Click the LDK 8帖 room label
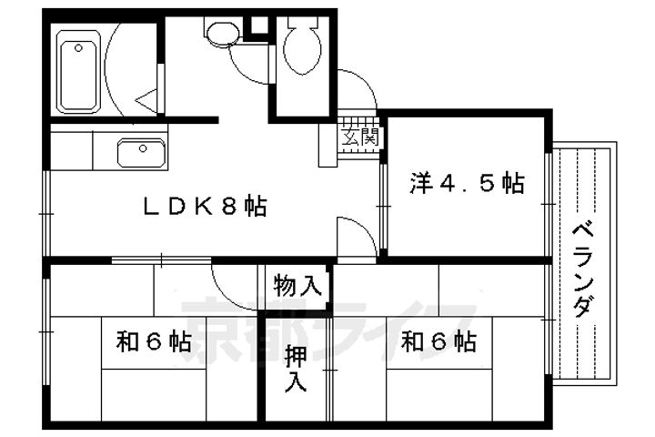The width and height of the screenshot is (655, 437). (205, 207)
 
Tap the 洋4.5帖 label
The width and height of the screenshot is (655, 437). (467, 184)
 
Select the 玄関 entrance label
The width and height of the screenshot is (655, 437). (359, 137)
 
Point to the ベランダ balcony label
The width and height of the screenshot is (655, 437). (583, 271)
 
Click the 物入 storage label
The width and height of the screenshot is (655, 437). (297, 286)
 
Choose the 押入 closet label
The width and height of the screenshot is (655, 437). (296, 369)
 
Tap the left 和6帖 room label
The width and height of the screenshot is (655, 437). (154, 340)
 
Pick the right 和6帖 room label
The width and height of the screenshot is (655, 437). (438, 340)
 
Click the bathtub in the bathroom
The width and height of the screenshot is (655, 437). (78, 72)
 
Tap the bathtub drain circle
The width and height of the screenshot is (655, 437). (78, 48)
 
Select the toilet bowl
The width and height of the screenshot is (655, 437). (302, 46)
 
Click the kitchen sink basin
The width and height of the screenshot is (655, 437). (141, 153)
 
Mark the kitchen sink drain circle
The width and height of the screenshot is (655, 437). (143, 148)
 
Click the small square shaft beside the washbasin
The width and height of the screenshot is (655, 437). (258, 25)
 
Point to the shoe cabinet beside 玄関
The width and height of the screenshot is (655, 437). (327, 145)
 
